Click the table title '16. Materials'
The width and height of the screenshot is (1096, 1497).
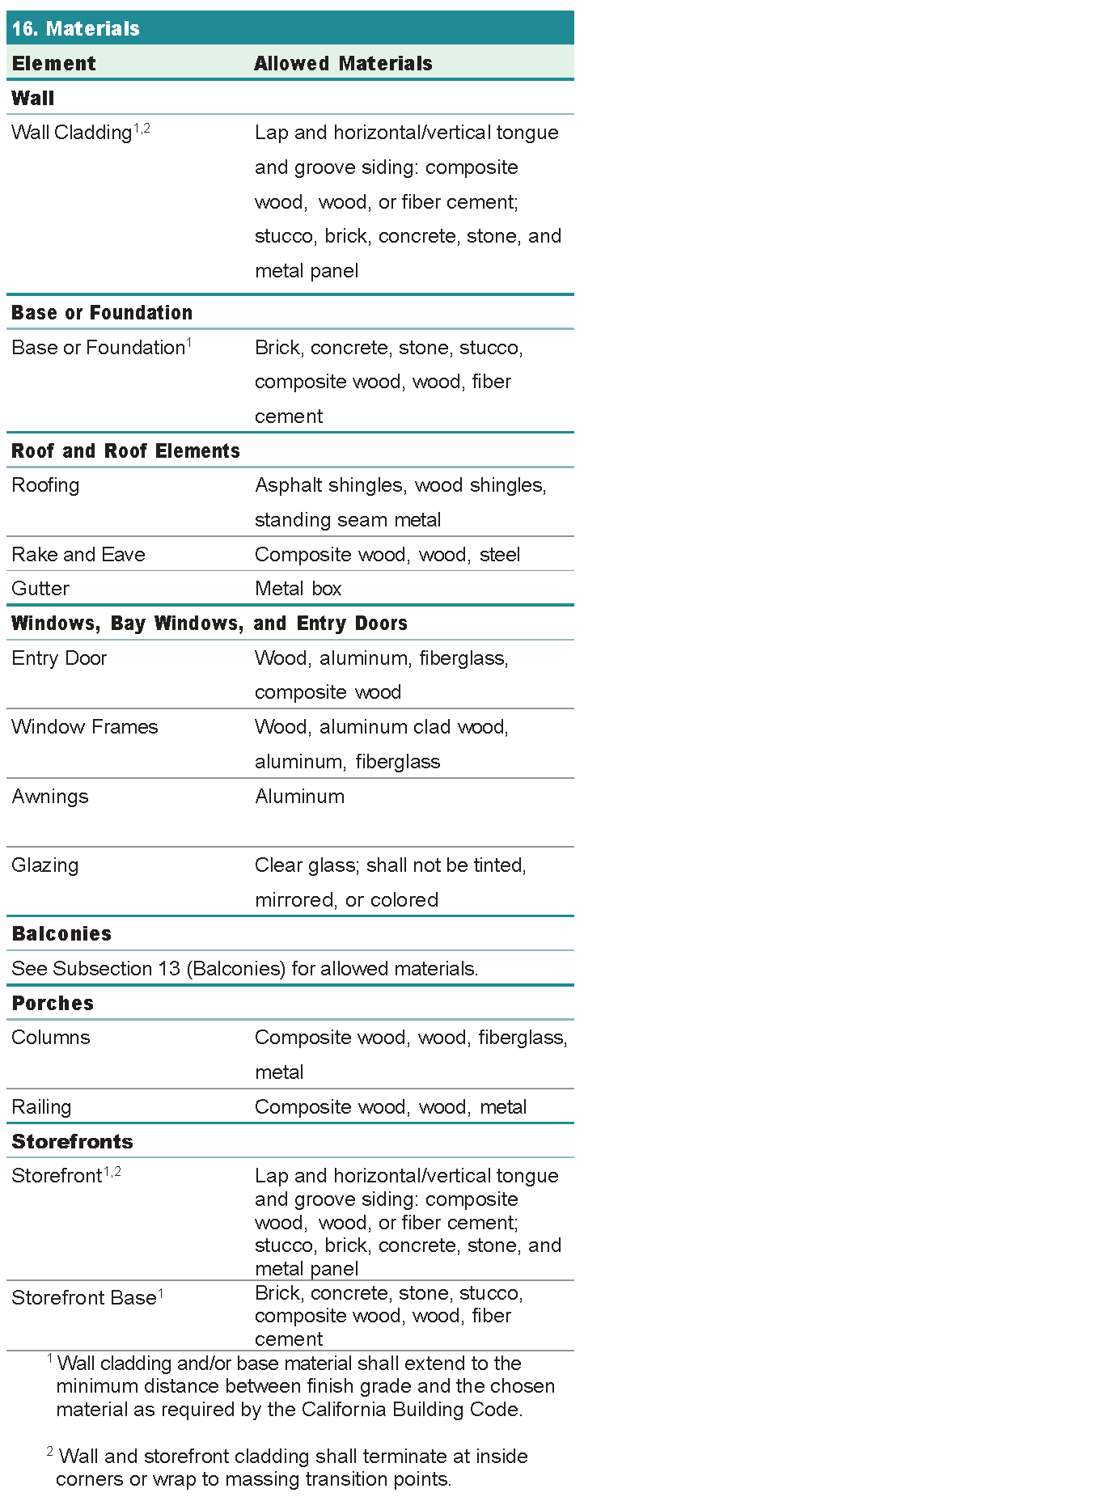pyautogui.click(x=76, y=29)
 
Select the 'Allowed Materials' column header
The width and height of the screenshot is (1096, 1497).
pyautogui.click(x=343, y=64)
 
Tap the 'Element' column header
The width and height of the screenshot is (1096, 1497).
pyautogui.click(x=53, y=64)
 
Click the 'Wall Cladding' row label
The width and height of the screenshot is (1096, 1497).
pyautogui.click(x=72, y=133)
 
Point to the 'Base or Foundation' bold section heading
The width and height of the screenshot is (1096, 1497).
pyautogui.click(x=102, y=313)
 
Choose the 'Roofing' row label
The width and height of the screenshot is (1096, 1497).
pyautogui.click(x=45, y=485)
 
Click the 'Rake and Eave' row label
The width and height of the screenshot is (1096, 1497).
pyautogui.click(x=78, y=555)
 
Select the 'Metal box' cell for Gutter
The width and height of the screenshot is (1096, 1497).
pyautogui.click(x=298, y=589)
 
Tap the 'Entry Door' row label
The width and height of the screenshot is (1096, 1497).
pyautogui.click(x=59, y=658)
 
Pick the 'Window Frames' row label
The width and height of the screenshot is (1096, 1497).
pyautogui.click(x=85, y=727)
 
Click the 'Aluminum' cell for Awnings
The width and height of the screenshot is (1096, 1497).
pyautogui.click(x=299, y=797)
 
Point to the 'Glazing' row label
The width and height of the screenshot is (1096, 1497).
pyautogui.click(x=45, y=865)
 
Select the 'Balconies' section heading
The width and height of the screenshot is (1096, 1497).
pyautogui.click(x=61, y=934)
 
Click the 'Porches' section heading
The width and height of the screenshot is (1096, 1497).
pyautogui.click(x=53, y=1004)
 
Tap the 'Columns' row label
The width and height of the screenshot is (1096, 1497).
pyautogui.click(x=51, y=1038)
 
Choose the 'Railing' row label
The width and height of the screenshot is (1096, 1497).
pyautogui.click(x=41, y=1107)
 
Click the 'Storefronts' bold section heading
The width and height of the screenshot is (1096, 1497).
pyautogui.click(x=72, y=1142)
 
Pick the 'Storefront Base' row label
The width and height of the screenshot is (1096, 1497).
pyautogui.click(x=84, y=1298)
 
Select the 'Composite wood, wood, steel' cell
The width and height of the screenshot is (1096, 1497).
pyautogui.click(x=387, y=555)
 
